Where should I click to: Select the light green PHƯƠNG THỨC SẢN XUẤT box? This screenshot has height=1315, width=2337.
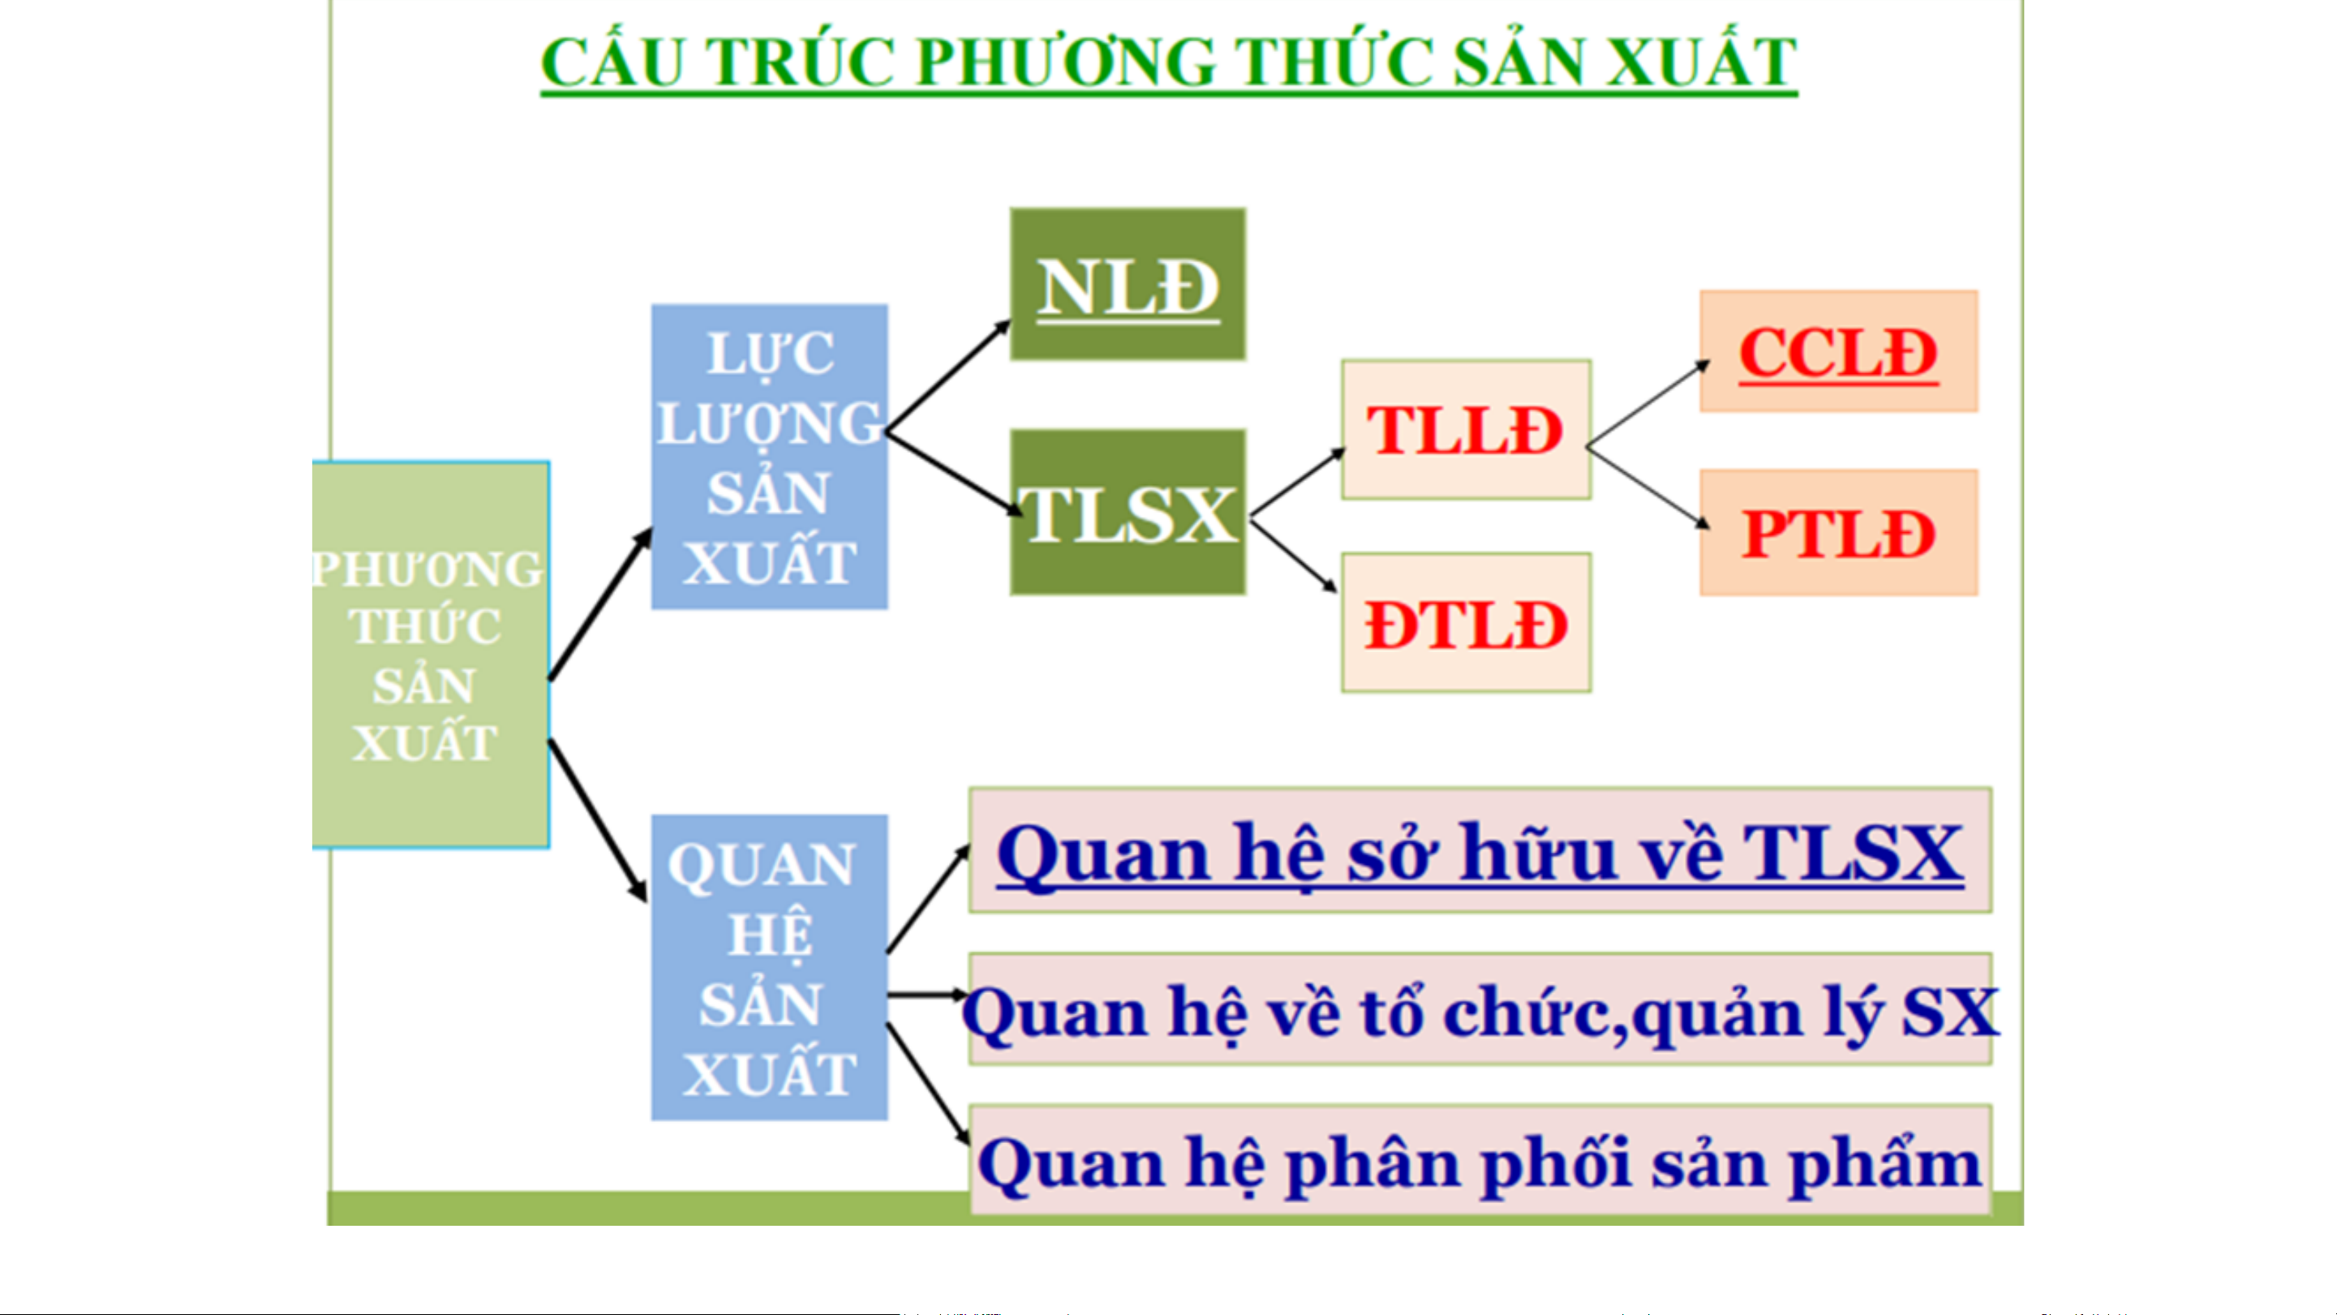point(430,655)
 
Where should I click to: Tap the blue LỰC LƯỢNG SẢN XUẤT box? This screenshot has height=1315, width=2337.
point(769,457)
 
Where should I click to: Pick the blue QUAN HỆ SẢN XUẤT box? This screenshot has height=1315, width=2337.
point(769,968)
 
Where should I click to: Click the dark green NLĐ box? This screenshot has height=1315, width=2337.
point(1128,284)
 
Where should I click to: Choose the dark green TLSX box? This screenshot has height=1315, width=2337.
point(1128,512)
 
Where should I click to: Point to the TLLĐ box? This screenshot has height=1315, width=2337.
point(1466,429)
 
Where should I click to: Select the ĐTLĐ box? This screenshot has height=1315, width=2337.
point(1466,622)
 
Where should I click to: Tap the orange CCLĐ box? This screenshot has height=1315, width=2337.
point(1838,351)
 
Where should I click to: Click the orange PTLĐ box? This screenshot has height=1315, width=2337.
point(1838,533)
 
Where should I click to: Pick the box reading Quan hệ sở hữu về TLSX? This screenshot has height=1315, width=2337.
point(1480,850)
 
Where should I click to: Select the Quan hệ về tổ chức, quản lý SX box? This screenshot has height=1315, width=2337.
point(1480,1009)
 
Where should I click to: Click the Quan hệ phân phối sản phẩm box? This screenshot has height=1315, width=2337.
point(1480,1160)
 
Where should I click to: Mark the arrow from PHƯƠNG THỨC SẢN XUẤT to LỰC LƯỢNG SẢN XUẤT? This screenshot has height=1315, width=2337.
point(599,604)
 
